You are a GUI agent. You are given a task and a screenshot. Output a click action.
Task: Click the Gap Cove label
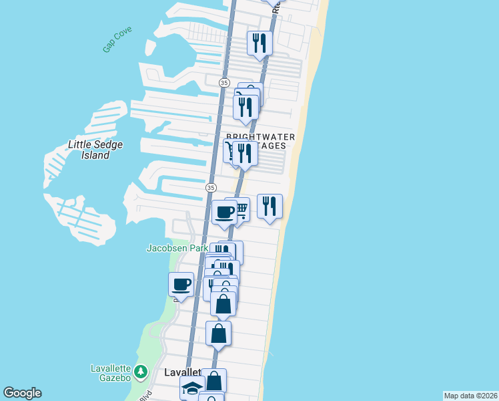tap(117, 39)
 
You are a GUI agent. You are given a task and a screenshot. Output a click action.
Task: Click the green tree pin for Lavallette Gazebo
tap(140, 370)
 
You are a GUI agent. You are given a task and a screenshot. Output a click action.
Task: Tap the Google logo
tap(21, 393)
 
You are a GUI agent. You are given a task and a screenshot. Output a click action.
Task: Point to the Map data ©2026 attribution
tap(470, 396)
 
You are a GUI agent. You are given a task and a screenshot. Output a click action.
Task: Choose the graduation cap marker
tap(192, 388)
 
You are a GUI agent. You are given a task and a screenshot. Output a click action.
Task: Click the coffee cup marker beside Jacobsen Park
tap(181, 284)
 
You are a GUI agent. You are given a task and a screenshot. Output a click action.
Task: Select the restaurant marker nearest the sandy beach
tap(270, 206)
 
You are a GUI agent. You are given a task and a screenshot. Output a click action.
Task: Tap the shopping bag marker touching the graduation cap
tap(214, 381)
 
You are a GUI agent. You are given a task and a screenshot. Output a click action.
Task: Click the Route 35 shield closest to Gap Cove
tap(224, 82)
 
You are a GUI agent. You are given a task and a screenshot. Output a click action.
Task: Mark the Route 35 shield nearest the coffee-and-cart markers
tap(211, 188)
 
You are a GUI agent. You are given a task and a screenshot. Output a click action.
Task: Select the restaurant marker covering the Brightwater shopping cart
tap(245, 153)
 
